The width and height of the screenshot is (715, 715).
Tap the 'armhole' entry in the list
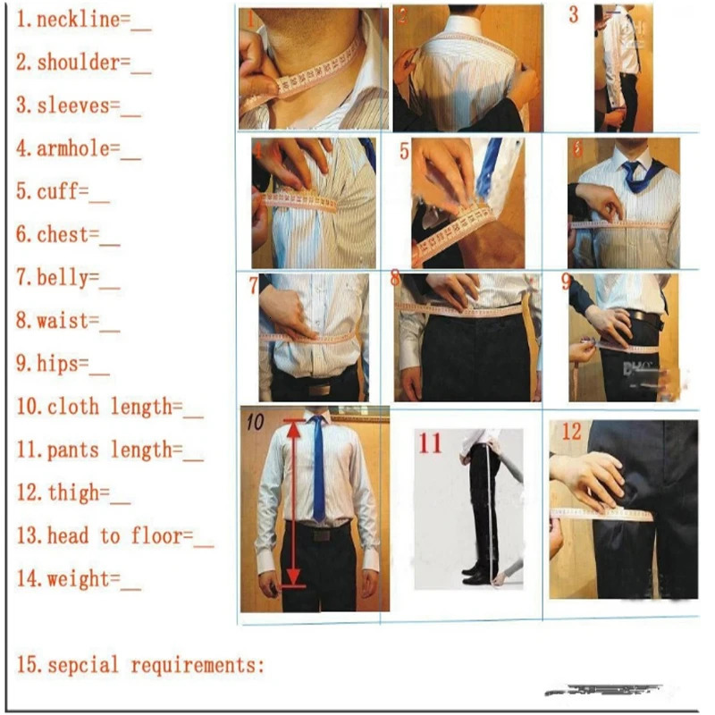tap(78, 149)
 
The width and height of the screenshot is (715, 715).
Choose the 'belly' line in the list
tap(67, 278)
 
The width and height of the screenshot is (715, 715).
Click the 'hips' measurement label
tap(63, 364)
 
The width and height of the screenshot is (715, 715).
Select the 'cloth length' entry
tap(109, 408)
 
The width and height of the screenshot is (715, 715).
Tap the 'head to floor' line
tap(114, 536)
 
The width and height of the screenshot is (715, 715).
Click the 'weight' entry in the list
tap(78, 579)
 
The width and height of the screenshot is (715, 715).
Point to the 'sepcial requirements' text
tap(141, 666)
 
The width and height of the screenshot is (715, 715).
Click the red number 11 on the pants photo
tap(431, 442)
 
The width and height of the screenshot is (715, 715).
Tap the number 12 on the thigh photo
tap(571, 433)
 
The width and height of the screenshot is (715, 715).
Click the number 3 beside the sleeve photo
tap(573, 14)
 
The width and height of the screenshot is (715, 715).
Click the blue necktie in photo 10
tap(318, 469)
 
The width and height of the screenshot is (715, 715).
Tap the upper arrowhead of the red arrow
tap(292, 427)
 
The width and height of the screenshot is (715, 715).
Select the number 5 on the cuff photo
tap(404, 152)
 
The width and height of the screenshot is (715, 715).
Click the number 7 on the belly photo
tap(253, 286)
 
